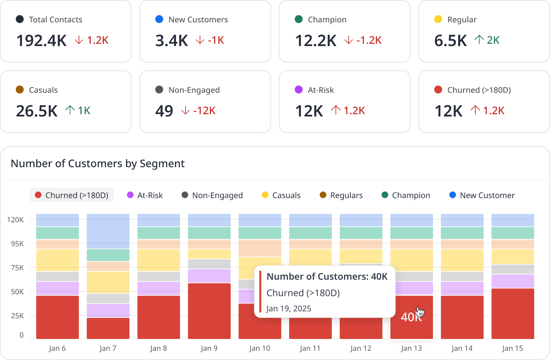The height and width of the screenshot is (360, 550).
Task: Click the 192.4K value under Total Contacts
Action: coord(41,41)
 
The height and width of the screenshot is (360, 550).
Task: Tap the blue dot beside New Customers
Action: coord(159,19)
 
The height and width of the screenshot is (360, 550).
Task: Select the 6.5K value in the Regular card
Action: coord(450,41)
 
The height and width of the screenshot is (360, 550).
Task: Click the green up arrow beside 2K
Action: coord(479,40)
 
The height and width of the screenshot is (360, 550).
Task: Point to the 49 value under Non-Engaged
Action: coord(164,111)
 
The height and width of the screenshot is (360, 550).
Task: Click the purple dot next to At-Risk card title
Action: coord(299,90)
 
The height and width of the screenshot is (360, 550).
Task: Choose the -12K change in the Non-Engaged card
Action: coord(204,111)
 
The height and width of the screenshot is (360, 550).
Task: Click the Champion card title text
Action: coord(327,20)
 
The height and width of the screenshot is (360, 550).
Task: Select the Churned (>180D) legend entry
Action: coord(72,195)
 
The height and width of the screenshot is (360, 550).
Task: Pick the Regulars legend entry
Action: coord(341,195)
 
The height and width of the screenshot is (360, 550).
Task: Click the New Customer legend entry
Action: coord(482,195)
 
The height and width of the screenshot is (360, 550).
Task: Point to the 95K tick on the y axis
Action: coord(17,244)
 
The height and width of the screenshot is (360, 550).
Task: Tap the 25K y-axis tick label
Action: coord(17,316)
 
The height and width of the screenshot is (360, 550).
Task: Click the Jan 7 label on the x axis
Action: coord(108,348)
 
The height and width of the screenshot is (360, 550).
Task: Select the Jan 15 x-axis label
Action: coord(512,348)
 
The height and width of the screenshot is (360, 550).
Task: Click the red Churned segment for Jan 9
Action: coord(209,311)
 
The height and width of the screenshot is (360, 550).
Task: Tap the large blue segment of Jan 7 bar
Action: coord(108,231)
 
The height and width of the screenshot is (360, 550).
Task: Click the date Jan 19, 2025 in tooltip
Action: coord(288,309)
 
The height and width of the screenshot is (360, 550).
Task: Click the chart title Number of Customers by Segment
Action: coord(98,164)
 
